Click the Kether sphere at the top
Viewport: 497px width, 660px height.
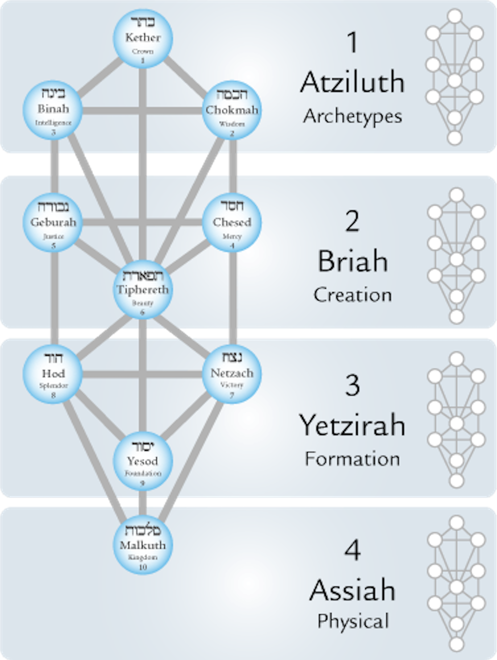click(143, 39)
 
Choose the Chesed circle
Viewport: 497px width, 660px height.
click(232, 222)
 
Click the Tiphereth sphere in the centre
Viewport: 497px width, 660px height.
click(143, 289)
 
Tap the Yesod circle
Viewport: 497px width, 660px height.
click(143, 461)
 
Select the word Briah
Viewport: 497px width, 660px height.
click(352, 261)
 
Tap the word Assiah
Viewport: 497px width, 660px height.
click(352, 590)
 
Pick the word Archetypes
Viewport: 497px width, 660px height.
click(352, 116)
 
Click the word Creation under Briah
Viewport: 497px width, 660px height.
click(352, 295)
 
